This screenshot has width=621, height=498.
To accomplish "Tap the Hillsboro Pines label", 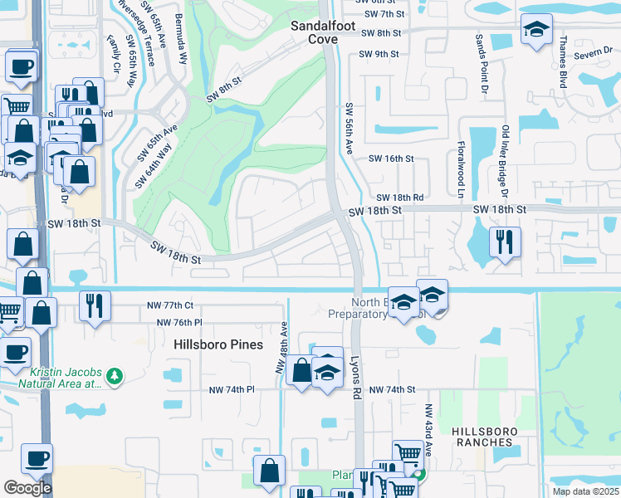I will click(218, 344).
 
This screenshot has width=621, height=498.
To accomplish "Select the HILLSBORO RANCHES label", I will click(485, 437).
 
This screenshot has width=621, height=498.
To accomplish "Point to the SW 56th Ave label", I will click(350, 128).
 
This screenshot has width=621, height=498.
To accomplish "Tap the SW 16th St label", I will click(390, 159).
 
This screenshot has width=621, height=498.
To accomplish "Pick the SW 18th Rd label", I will click(400, 198).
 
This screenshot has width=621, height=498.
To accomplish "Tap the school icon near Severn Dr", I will click(536, 30).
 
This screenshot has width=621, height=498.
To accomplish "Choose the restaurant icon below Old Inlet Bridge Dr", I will click(504, 242).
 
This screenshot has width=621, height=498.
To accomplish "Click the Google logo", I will click(27, 488).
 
